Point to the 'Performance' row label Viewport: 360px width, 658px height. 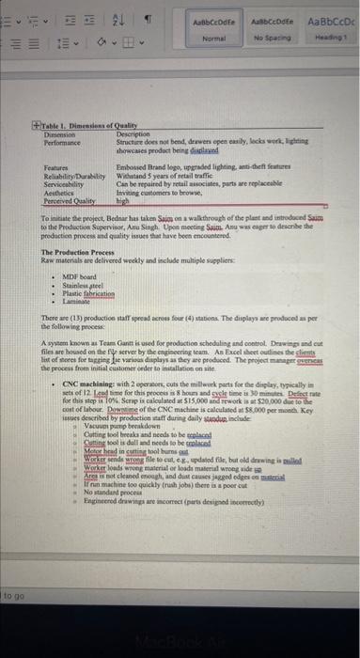pos(67,140)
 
